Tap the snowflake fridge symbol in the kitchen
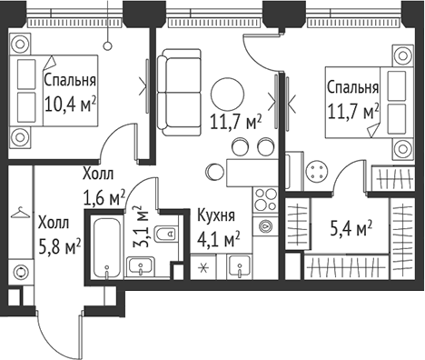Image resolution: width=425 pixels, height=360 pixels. [x=203, y=267]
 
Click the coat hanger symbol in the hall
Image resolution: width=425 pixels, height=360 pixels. [x=21, y=215]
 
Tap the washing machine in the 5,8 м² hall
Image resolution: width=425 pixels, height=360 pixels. [x=21, y=270]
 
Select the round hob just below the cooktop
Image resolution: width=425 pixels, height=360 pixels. [x=264, y=225]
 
